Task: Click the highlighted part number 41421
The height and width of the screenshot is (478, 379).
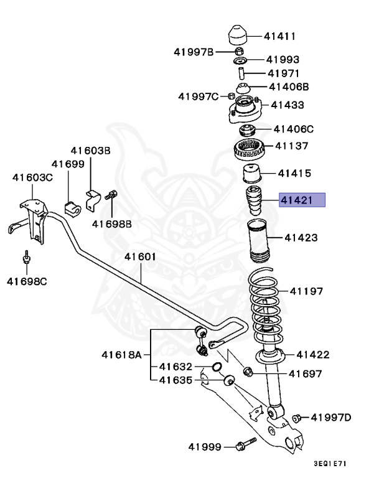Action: [302, 200]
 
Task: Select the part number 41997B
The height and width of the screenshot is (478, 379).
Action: [193, 52]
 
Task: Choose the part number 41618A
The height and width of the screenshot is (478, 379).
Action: [122, 355]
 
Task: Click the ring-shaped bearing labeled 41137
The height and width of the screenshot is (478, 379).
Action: [250, 149]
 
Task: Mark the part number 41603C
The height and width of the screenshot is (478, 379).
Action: [32, 177]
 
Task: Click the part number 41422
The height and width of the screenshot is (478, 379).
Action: [312, 355]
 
